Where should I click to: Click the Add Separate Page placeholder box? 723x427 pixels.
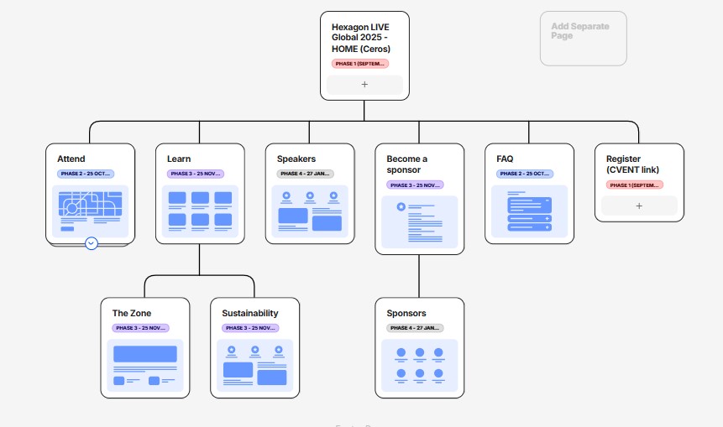click(583, 38)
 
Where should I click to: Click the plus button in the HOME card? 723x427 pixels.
click(364, 85)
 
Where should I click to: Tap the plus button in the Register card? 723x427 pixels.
click(638, 206)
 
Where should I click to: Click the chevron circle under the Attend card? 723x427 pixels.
click(92, 243)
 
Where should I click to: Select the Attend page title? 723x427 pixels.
click(71, 159)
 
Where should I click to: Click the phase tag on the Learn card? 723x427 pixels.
click(195, 174)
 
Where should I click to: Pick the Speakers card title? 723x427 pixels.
click(296, 159)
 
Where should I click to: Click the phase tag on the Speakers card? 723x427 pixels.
click(305, 174)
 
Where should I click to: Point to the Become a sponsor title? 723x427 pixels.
click(407, 164)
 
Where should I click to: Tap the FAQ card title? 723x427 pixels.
click(505, 159)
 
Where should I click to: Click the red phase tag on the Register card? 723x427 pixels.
click(634, 185)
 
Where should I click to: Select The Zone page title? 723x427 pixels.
click(132, 313)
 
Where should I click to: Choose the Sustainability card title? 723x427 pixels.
click(250, 313)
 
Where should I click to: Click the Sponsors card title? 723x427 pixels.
click(406, 313)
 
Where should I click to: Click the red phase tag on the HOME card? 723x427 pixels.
click(359, 63)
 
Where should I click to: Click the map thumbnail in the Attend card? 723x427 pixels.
click(90, 210)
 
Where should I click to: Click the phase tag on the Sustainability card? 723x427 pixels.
click(249, 328)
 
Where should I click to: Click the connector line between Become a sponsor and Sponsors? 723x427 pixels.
click(419, 275)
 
